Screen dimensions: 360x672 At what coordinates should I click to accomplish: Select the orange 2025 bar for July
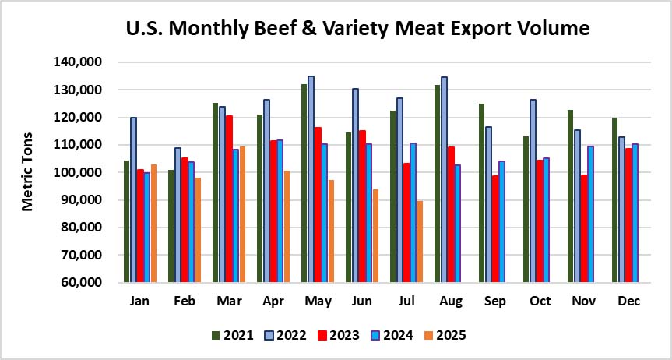tap(420, 242)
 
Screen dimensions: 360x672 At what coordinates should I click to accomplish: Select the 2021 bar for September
tap(481, 192)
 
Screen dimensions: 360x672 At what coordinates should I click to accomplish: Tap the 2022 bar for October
tap(534, 191)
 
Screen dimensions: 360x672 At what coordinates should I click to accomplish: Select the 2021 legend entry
tap(233, 336)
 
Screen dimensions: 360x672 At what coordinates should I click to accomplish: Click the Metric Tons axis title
tap(28, 171)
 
